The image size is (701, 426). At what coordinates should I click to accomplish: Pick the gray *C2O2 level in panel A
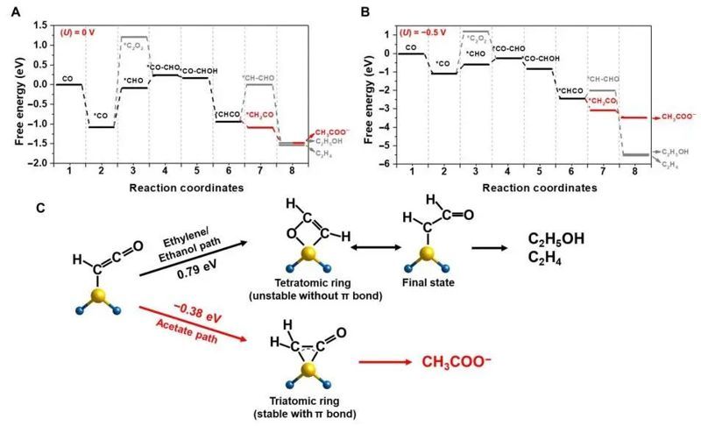coord(135,37)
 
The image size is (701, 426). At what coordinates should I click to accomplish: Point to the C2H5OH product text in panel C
coord(556,238)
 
